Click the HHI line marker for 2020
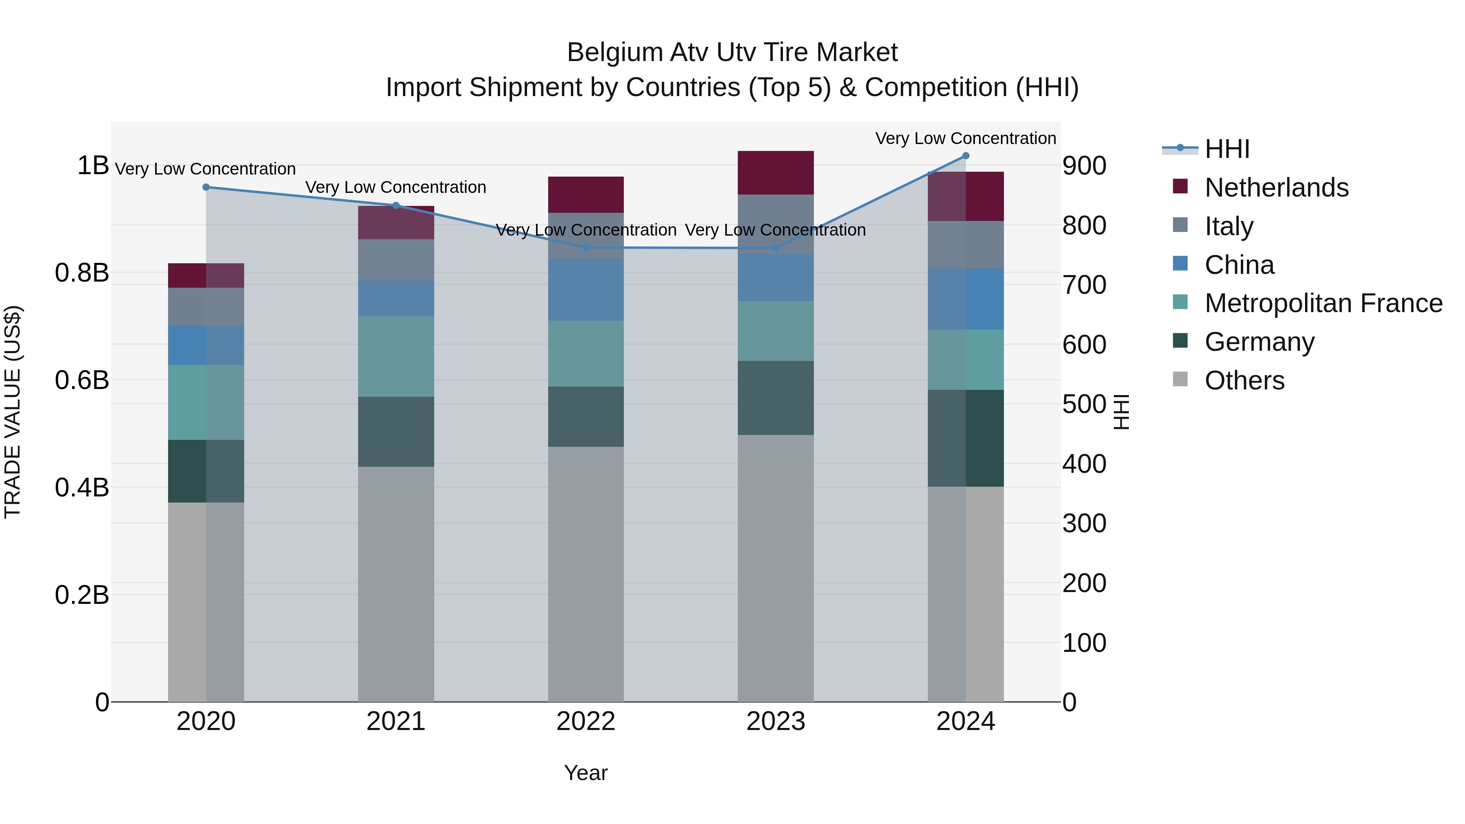tap(206, 187)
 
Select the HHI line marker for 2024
tap(966, 156)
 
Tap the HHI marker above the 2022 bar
tap(586, 247)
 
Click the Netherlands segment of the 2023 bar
tap(776, 173)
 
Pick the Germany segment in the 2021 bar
tap(396, 432)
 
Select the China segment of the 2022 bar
tap(586, 290)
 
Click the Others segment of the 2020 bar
tap(206, 602)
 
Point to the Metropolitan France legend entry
tap(1323, 303)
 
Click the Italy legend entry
tap(1229, 226)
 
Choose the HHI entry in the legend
tap(1227, 149)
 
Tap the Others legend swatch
tap(1180, 379)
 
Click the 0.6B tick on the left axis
tap(82, 380)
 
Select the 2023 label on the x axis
tap(776, 721)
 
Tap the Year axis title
tap(586, 773)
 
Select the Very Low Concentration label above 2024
tap(965, 138)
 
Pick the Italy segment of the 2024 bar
tap(966, 245)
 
